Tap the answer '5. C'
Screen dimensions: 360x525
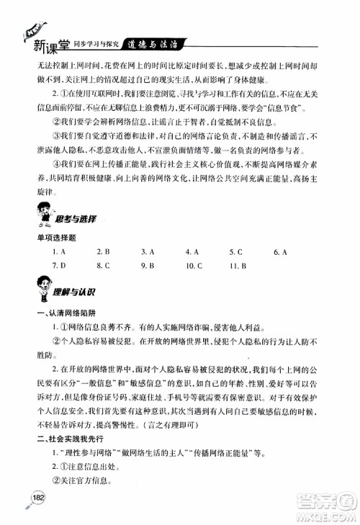coord(236,252)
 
